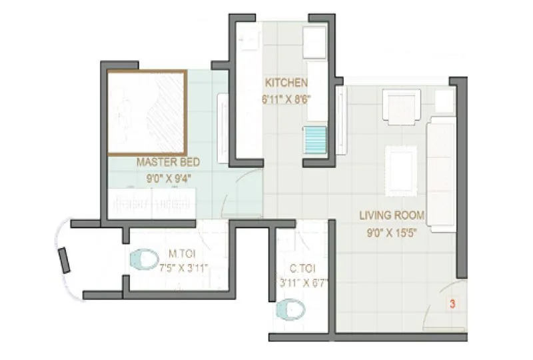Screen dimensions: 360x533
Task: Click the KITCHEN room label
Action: tap(286, 83)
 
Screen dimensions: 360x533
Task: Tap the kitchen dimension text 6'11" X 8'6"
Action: tap(286, 98)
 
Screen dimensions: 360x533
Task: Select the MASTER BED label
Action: tap(168, 162)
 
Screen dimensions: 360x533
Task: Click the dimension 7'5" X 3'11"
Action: tap(184, 268)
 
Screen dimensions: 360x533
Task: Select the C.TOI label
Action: tap(302, 269)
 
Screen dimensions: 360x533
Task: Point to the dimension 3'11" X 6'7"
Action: tap(304, 283)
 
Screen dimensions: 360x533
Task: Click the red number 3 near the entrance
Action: tap(452, 305)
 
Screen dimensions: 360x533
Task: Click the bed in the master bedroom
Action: tap(147, 113)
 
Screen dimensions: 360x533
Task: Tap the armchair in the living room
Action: tap(401, 107)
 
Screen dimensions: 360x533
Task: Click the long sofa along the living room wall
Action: tap(441, 173)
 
